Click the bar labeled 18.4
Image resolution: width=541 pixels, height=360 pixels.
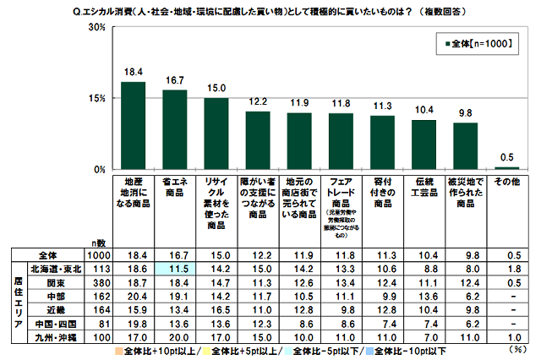133,125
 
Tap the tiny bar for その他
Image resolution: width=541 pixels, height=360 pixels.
505,167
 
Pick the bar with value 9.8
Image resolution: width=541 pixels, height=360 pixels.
464,145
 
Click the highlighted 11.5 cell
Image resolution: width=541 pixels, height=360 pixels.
174,267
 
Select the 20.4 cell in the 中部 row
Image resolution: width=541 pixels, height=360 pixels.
133,296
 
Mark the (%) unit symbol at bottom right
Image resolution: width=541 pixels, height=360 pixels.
515,349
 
